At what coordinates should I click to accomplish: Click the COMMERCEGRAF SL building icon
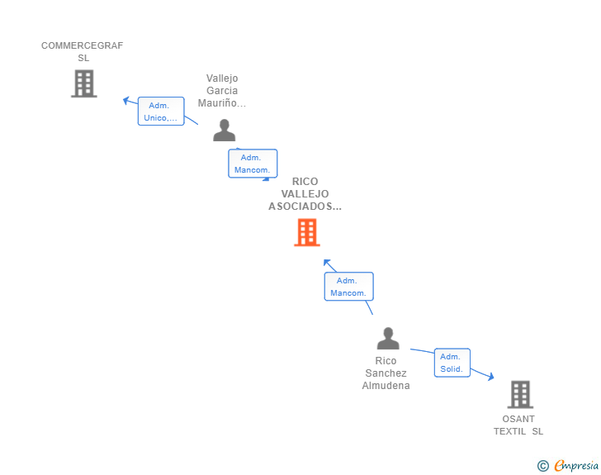tap(83, 83)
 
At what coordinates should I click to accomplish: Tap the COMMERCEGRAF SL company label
tap(83, 51)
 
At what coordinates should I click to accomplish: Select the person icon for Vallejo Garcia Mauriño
tap(224, 131)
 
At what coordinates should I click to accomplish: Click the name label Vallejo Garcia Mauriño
tap(222, 91)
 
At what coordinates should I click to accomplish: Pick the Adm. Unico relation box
tap(160, 112)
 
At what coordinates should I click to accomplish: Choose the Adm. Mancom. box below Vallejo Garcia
tap(253, 164)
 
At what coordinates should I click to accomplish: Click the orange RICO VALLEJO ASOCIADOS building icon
tap(306, 233)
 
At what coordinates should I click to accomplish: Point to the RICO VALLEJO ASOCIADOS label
tap(305, 194)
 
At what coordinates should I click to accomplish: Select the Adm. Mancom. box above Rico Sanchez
tap(348, 287)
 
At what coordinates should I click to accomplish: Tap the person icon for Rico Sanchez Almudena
tap(387, 339)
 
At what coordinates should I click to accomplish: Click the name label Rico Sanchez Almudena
tap(386, 373)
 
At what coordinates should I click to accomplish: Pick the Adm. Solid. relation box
tap(452, 363)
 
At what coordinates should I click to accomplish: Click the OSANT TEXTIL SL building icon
tap(519, 395)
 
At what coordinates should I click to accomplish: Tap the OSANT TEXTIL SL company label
tap(518, 425)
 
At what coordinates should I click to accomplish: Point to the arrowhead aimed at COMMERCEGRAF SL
tap(126, 100)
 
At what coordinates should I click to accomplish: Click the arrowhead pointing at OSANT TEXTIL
tap(490, 377)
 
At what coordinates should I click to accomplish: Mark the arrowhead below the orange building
tap(327, 264)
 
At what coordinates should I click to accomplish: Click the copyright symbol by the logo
tap(542, 466)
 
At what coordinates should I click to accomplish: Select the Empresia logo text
tap(576, 466)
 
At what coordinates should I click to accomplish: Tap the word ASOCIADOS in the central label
tap(305, 207)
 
